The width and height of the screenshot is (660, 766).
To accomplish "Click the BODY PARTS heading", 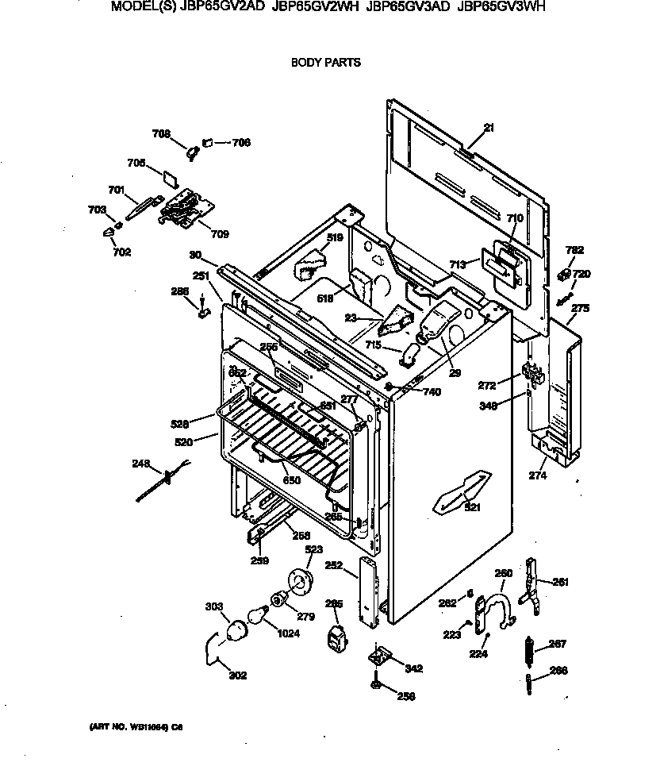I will [x=325, y=62].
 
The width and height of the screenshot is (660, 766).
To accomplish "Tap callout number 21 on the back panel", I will [x=489, y=128].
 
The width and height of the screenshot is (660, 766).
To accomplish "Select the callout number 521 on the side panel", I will [x=472, y=507].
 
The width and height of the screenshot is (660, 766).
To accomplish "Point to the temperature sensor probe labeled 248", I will [x=163, y=481].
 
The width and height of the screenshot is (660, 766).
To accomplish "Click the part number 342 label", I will [x=413, y=669].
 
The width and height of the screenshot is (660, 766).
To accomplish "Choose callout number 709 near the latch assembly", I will [x=219, y=233].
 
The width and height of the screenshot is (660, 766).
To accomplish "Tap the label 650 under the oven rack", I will [x=292, y=480].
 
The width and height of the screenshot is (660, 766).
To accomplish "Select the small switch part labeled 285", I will [x=337, y=637].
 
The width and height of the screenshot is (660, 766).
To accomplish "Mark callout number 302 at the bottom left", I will [x=237, y=676].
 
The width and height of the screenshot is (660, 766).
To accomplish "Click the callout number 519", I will [x=335, y=237].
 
